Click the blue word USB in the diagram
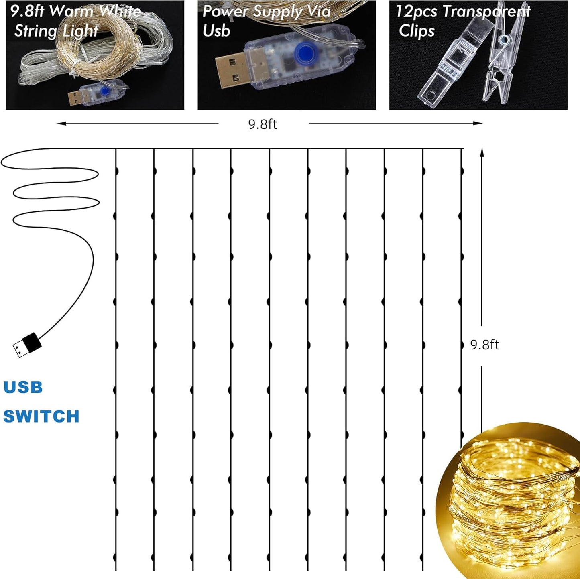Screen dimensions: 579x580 tap(23, 387)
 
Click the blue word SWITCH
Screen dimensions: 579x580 tap(41, 416)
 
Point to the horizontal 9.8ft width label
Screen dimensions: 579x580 tap(263, 124)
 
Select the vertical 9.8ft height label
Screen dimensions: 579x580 tap(484, 345)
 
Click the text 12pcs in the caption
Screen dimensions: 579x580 tap(416, 11)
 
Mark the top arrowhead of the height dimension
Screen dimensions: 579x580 tap(482, 151)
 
